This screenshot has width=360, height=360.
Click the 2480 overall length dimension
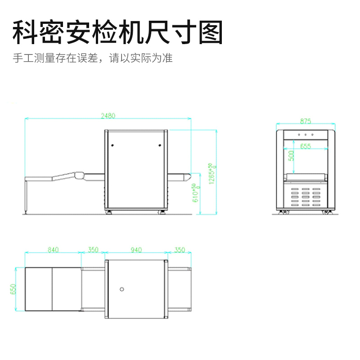pos(108,115)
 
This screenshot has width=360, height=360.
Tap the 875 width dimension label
pos(306,121)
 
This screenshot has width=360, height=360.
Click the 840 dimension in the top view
pos(53,249)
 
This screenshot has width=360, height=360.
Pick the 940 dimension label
pos(136,249)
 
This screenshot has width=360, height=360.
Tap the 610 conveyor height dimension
pos(195,192)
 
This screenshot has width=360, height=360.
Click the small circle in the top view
pos(121,289)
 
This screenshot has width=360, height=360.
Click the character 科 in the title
pos(26,33)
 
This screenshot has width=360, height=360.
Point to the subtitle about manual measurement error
pos(93,58)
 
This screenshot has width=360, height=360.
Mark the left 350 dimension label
pos(93,249)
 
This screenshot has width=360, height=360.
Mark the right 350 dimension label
pos(179,249)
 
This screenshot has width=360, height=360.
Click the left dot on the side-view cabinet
pos(113,145)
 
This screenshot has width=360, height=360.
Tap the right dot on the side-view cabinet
pos(160,145)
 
